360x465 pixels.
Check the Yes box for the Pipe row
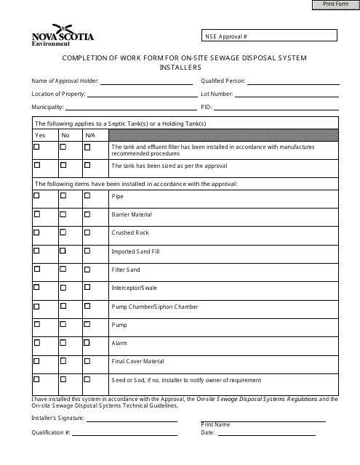[37, 196]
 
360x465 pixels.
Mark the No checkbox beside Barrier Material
[63, 214]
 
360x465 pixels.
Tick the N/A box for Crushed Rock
[87, 232]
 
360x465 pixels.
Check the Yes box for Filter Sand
[37, 270]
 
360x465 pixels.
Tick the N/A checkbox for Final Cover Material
[87, 361]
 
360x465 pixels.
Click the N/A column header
[89, 135]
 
